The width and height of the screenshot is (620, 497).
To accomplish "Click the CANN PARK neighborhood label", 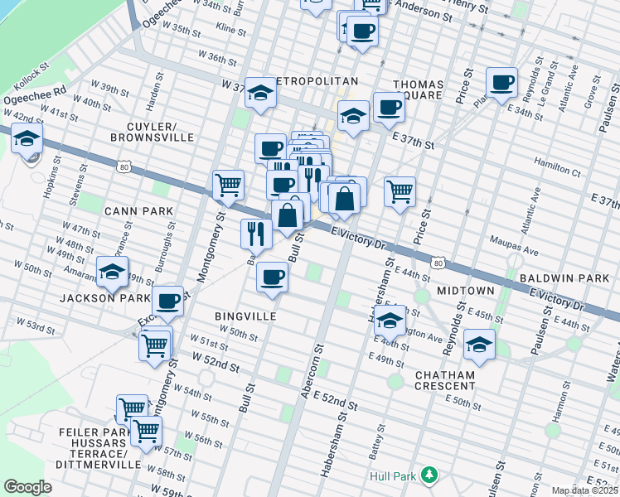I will point(138,211).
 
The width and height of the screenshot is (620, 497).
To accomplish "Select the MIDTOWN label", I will point(466,291).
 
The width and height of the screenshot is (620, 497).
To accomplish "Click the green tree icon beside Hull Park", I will point(429,475).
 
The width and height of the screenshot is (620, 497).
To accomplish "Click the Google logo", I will point(27,487).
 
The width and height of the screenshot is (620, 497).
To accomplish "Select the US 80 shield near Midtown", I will point(438,263).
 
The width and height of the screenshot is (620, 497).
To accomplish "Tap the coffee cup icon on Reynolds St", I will point(501,83).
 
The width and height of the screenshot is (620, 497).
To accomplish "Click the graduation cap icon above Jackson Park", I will point(112,271).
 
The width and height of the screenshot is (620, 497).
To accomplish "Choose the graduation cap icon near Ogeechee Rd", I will point(27,139).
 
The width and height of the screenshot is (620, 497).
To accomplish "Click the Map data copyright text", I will point(585,490).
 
